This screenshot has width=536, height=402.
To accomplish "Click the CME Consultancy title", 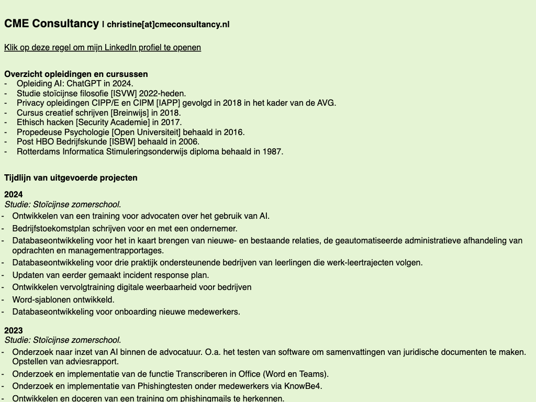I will [x=51, y=24].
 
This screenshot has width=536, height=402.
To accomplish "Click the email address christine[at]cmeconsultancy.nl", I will [x=168, y=24].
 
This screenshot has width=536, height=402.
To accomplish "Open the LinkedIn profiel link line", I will [x=103, y=48].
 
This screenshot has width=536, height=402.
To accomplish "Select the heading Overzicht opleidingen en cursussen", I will [x=76, y=74].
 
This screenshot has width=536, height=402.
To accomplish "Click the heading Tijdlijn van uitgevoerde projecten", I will [x=71, y=177].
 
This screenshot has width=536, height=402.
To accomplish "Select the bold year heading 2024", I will [x=14, y=194].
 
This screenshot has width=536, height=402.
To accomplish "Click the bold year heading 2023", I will [x=14, y=330].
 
